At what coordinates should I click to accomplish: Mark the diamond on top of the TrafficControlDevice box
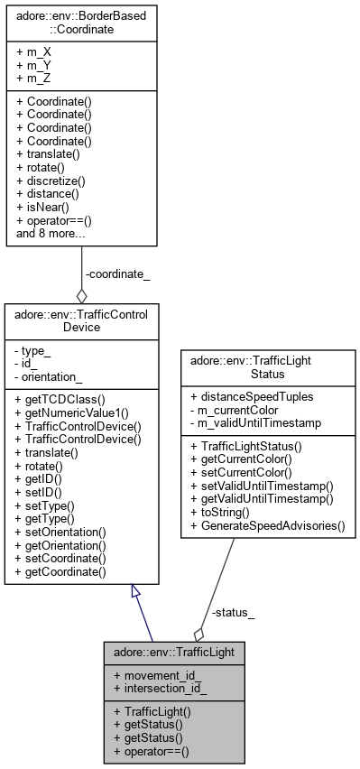tap(82, 295)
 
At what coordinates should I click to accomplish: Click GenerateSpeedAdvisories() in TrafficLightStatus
tap(267, 523)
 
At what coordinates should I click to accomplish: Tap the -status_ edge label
tap(232, 614)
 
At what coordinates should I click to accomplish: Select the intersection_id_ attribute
tap(158, 689)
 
